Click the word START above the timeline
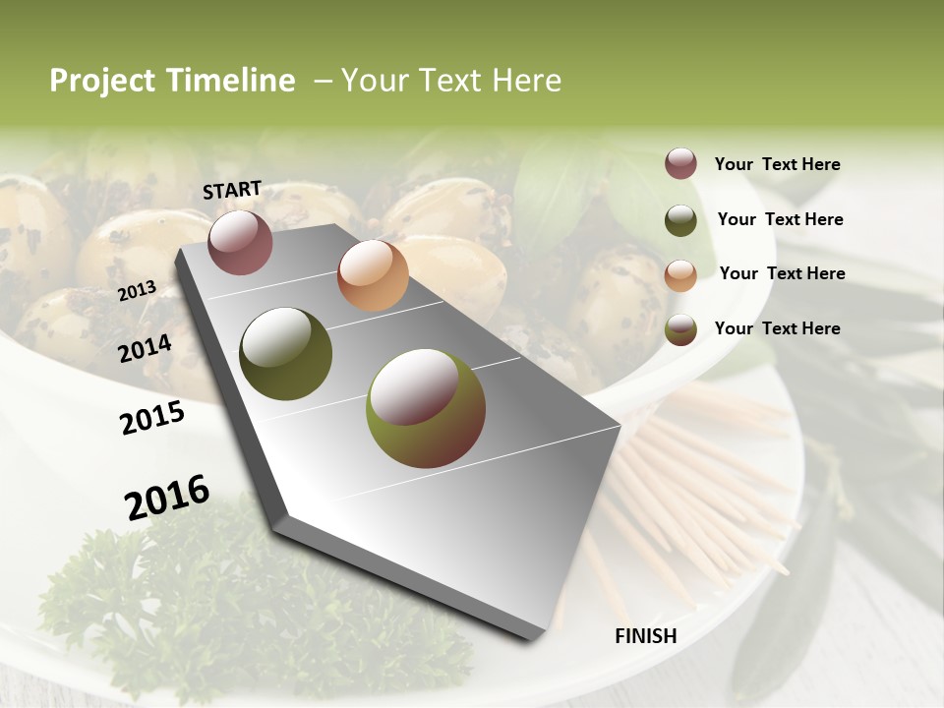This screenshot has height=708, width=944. (x=232, y=190)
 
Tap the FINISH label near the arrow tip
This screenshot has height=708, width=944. (x=645, y=636)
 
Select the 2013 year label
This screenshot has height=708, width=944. (x=137, y=290)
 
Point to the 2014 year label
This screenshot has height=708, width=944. (x=146, y=348)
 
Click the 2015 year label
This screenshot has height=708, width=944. (x=152, y=418)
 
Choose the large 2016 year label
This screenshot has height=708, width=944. (x=167, y=498)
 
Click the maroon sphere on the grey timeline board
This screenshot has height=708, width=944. (x=240, y=242)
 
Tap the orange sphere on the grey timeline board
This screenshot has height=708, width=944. (x=373, y=275)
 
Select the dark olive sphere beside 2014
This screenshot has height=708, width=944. (x=285, y=354)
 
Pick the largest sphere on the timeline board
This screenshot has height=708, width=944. (x=425, y=408)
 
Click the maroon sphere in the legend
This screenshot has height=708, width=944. (x=680, y=163)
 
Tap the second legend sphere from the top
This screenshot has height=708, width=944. (x=680, y=220)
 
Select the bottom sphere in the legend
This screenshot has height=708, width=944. (x=680, y=329)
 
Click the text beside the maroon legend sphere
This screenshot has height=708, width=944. (x=777, y=164)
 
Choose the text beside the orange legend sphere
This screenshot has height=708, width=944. (x=782, y=273)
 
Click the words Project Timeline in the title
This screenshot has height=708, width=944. (x=172, y=81)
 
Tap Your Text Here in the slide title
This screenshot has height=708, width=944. (x=451, y=81)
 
